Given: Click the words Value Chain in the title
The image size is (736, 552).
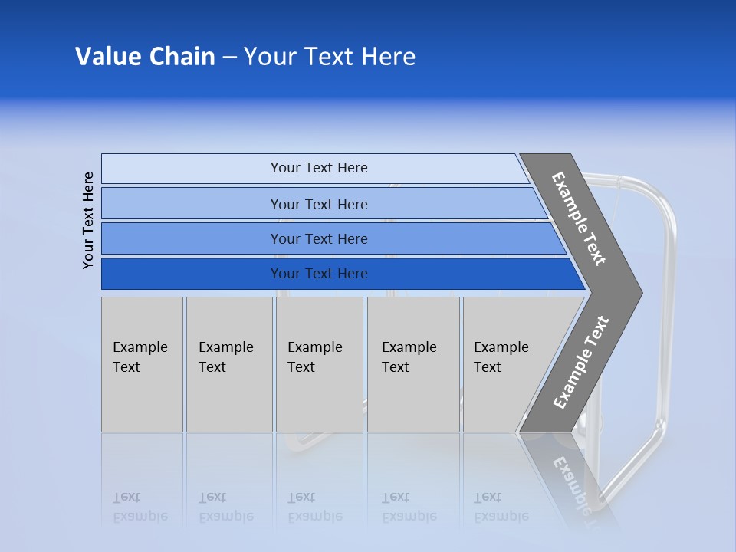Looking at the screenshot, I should point(145,57).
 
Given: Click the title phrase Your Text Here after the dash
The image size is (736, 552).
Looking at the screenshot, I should point(330,57).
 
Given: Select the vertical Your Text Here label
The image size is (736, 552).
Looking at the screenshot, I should point(88,220).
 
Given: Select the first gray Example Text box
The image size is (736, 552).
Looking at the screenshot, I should point(142,364).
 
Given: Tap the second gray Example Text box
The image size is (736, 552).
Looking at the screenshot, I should point(229,364).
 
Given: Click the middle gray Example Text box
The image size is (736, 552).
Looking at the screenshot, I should point(319,364).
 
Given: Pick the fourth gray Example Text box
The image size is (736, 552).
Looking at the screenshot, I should point(413,364).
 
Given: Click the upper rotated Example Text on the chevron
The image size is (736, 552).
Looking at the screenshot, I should point(579,219).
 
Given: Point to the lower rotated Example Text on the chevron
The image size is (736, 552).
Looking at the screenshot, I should point(580,363).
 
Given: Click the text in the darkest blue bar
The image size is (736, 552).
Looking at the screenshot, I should point(319,274).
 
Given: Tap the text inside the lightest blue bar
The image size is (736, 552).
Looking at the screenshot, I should point(319,168).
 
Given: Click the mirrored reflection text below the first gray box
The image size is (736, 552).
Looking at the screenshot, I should point(140,507).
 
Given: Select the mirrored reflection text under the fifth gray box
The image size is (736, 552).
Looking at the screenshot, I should point(501,507).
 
